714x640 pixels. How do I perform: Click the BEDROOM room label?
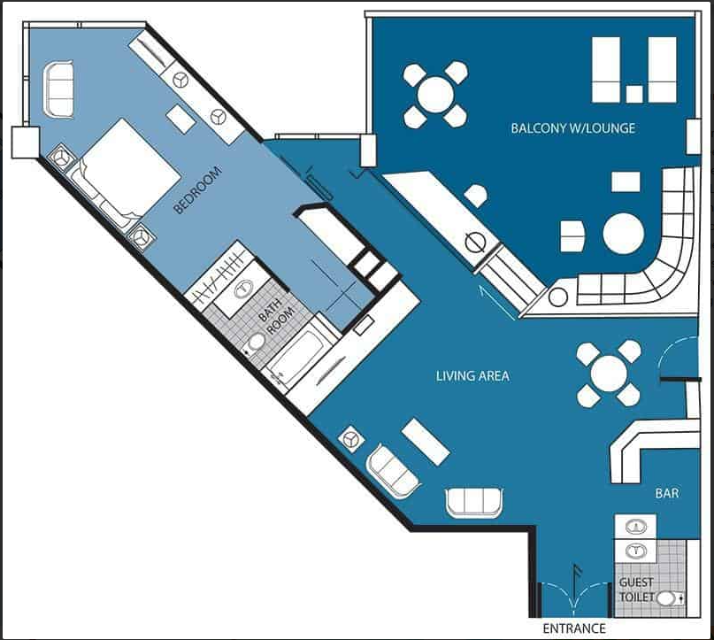[197, 190]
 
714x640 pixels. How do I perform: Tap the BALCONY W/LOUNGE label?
[572, 128]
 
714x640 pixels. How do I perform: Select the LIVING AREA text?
[472, 376]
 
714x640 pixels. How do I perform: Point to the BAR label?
[667, 493]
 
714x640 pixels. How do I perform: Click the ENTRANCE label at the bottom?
[574, 628]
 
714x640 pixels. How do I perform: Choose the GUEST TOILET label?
[637, 590]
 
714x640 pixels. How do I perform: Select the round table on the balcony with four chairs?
[436, 95]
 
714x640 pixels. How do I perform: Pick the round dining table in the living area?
[609, 374]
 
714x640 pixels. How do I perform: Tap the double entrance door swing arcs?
[574, 594]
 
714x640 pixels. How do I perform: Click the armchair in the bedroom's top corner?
[58, 90]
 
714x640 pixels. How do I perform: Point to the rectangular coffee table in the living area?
[426, 442]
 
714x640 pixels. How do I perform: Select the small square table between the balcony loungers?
[634, 94]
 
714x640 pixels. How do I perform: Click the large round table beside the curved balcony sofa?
[624, 234]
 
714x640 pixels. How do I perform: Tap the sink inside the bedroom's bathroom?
[244, 289]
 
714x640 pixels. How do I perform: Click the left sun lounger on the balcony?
[606, 70]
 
